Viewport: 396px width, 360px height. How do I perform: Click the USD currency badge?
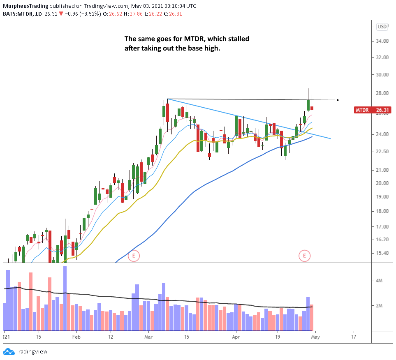382,27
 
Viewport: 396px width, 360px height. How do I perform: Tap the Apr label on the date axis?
236,336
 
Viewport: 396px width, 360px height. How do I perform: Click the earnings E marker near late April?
304,256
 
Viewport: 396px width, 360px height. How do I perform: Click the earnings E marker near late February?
134,256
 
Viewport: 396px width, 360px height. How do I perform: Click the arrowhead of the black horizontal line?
338,100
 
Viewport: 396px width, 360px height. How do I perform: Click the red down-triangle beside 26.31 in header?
61,14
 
